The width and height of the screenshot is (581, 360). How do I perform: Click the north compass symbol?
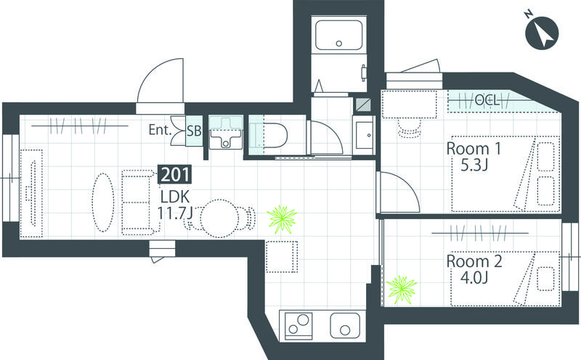(x=541, y=32)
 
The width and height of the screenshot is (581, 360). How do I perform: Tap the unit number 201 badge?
(x=175, y=174)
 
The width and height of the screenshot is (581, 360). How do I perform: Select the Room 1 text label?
(x=474, y=149)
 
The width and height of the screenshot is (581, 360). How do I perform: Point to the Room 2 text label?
(x=474, y=261)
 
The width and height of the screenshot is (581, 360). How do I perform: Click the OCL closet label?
(x=487, y=100)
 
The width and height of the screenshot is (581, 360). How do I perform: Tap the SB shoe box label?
(x=194, y=131)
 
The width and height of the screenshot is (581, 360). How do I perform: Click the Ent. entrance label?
(x=160, y=130)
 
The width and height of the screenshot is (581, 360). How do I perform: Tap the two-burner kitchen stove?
(x=298, y=324)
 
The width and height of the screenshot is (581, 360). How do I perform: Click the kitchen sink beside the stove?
(x=345, y=325)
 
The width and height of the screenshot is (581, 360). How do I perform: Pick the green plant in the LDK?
(x=282, y=220)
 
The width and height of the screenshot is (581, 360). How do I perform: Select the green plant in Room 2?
(x=402, y=290)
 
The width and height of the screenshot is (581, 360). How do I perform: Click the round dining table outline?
(x=219, y=218)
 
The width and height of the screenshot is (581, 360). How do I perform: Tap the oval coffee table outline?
(x=103, y=202)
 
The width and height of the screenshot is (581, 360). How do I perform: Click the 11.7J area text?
(x=174, y=213)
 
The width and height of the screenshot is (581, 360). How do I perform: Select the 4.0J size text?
(x=474, y=277)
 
